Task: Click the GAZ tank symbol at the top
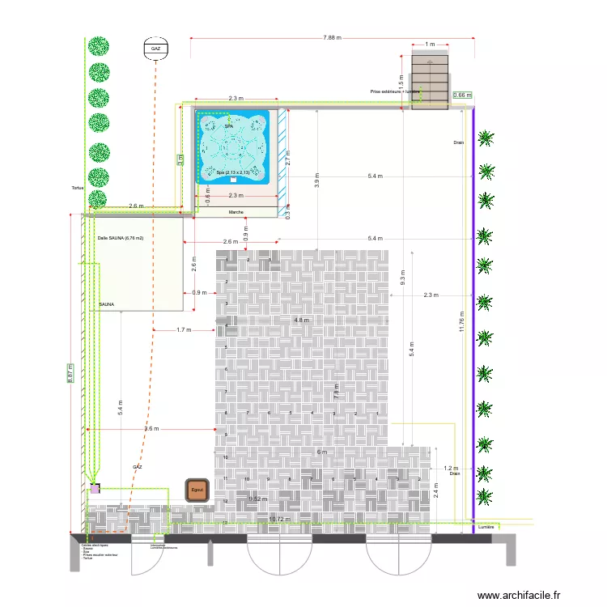coord(155,49)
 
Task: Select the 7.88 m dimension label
coord(332,37)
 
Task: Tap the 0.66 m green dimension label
coord(462,96)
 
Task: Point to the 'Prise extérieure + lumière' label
coord(395,91)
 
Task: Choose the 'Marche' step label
coord(236,212)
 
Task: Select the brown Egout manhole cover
coord(197,490)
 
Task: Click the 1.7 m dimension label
coord(184,329)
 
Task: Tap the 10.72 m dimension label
coord(279,520)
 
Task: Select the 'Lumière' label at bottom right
coord(486,527)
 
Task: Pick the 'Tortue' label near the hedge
coord(78,188)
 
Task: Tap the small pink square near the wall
coord(96,489)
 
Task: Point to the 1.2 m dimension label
coord(451,468)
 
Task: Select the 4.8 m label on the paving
coord(301,320)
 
